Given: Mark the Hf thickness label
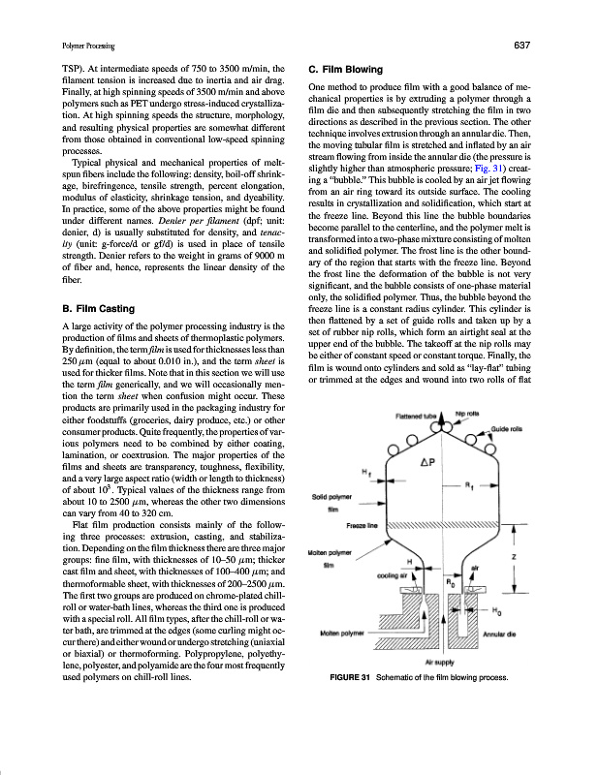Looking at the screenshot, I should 364,472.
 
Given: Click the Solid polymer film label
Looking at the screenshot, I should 330,503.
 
